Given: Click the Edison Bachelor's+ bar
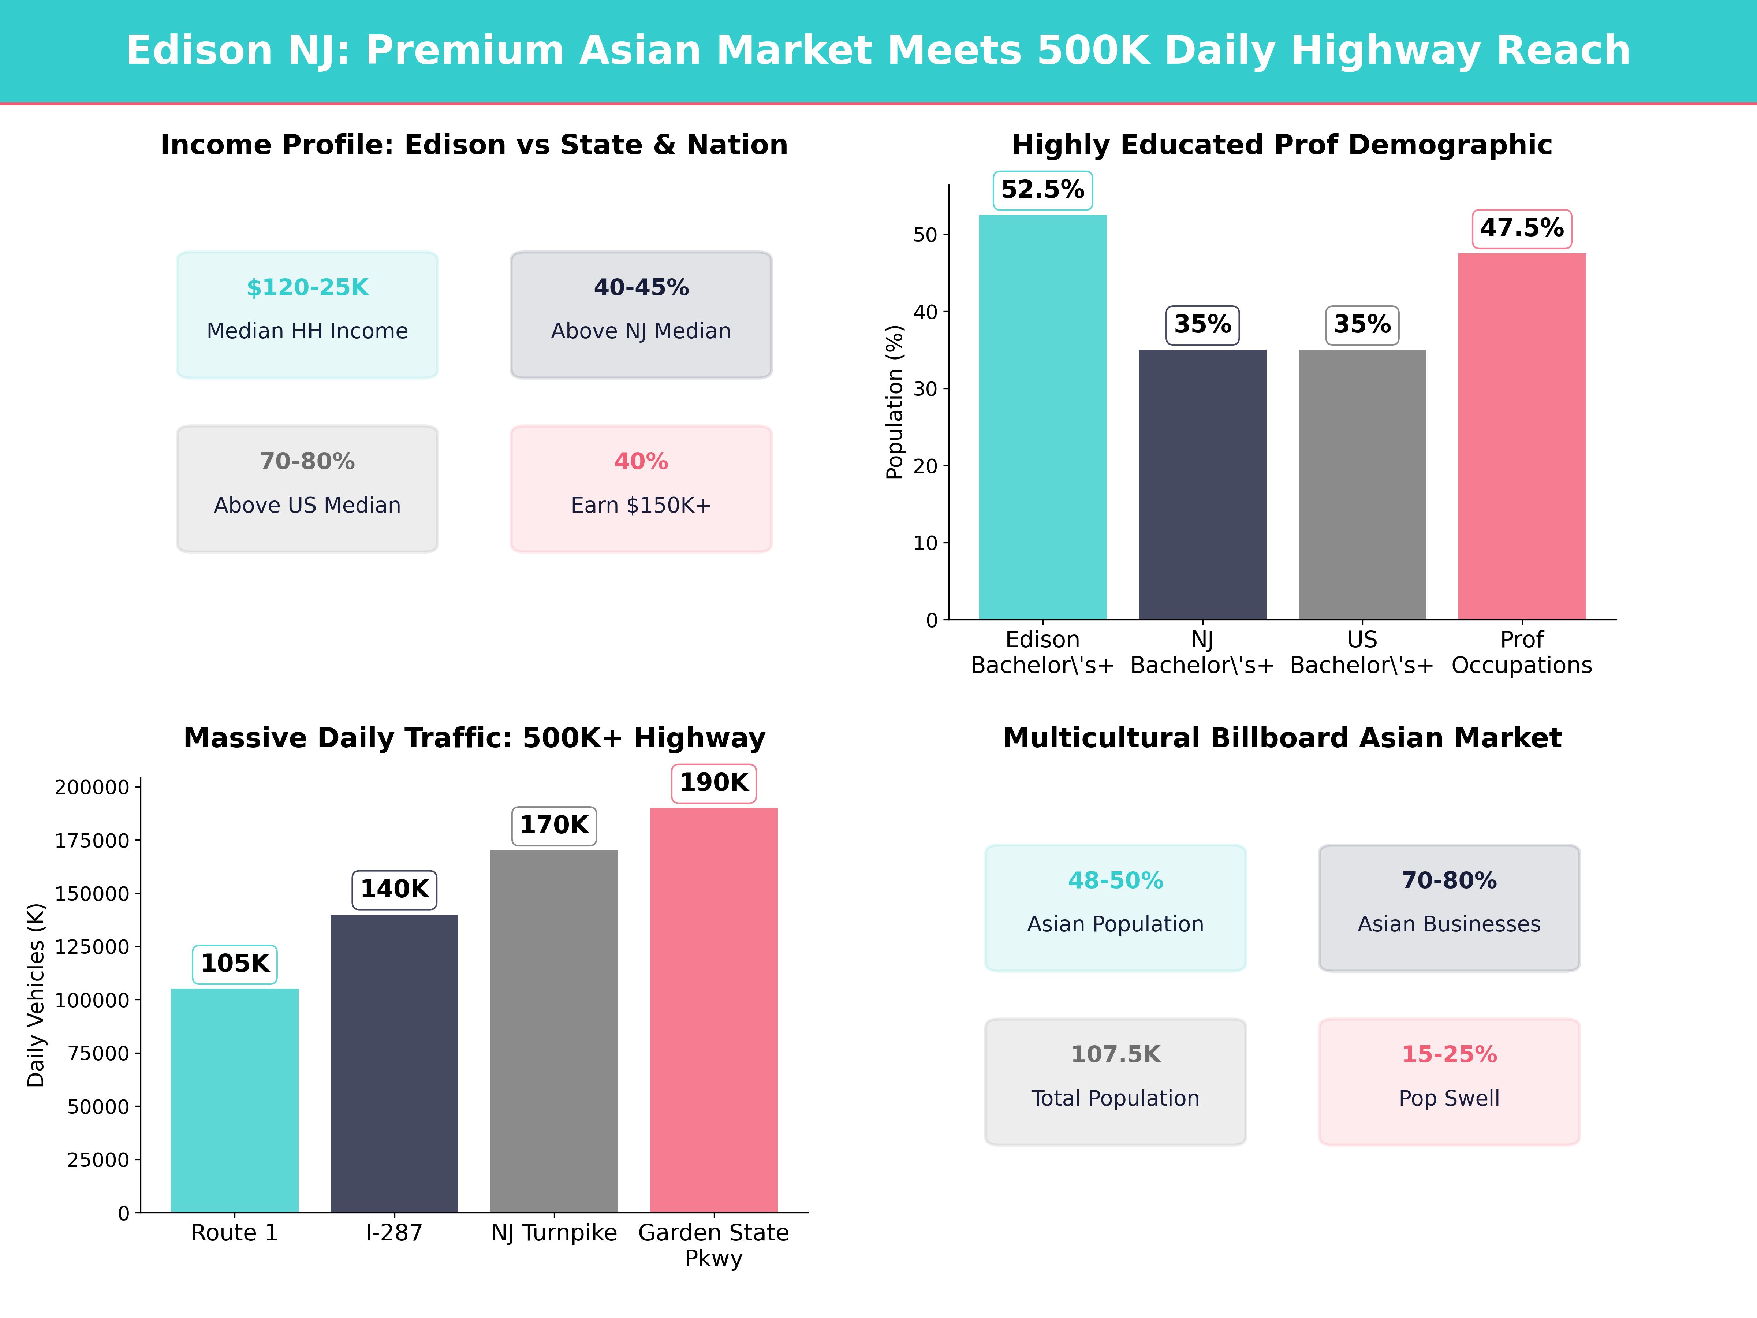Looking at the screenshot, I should click(x=1042, y=417).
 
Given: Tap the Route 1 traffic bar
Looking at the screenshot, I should click(x=234, y=1100).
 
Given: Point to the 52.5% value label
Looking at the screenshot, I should click(x=1042, y=190).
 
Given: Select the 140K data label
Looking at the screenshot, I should click(x=394, y=889).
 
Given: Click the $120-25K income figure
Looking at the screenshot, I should click(x=307, y=288).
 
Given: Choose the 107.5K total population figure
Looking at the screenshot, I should click(x=1115, y=1054).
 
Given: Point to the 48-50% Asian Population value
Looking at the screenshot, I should click(x=1115, y=880).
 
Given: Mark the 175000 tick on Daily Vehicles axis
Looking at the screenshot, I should click(x=92, y=841).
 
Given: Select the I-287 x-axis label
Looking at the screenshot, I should click(x=394, y=1233).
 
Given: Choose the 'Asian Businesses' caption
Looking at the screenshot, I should click(x=1449, y=924).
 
